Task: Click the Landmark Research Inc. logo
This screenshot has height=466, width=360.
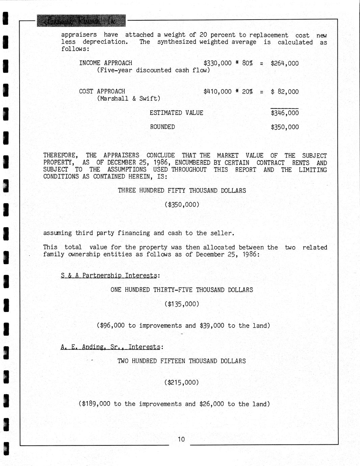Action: pos(81,21)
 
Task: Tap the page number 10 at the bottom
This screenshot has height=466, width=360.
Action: pos(181,439)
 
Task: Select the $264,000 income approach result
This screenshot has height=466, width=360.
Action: pos(285,63)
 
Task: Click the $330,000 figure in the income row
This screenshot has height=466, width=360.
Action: pos(217,63)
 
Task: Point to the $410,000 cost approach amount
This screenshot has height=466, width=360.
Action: pos(217,92)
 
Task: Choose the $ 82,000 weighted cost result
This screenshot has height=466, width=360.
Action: pos(285,92)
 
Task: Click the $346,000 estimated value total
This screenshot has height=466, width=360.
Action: pos(285,113)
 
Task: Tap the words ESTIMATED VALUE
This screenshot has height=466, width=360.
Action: pos(176,113)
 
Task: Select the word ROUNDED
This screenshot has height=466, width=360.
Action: pos(162,127)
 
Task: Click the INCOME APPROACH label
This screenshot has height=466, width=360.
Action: pos(105,63)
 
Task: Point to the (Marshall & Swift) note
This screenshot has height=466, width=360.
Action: pos(129,99)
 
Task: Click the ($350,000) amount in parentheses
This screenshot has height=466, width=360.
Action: pos(182,205)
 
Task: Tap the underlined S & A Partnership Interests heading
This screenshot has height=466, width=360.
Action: pos(109,276)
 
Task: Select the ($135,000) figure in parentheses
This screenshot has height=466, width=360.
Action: pos(182,304)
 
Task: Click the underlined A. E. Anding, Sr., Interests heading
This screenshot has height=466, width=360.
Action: pos(110,347)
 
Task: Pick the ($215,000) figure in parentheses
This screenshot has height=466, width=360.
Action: pos(182,383)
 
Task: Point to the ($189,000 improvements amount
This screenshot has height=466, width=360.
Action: pos(95,404)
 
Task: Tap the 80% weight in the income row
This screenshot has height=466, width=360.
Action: pos(247,63)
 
